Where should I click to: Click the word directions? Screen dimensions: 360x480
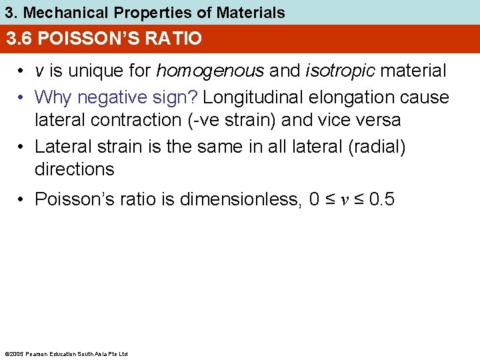74,169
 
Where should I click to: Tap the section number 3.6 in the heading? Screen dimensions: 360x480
19,39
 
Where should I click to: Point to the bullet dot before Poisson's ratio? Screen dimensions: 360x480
23,199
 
